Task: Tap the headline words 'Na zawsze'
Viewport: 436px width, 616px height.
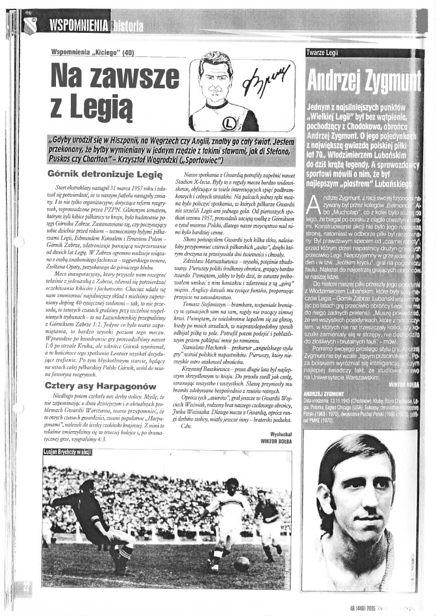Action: click(111, 78)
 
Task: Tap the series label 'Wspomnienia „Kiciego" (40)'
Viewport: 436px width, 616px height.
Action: click(93, 52)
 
